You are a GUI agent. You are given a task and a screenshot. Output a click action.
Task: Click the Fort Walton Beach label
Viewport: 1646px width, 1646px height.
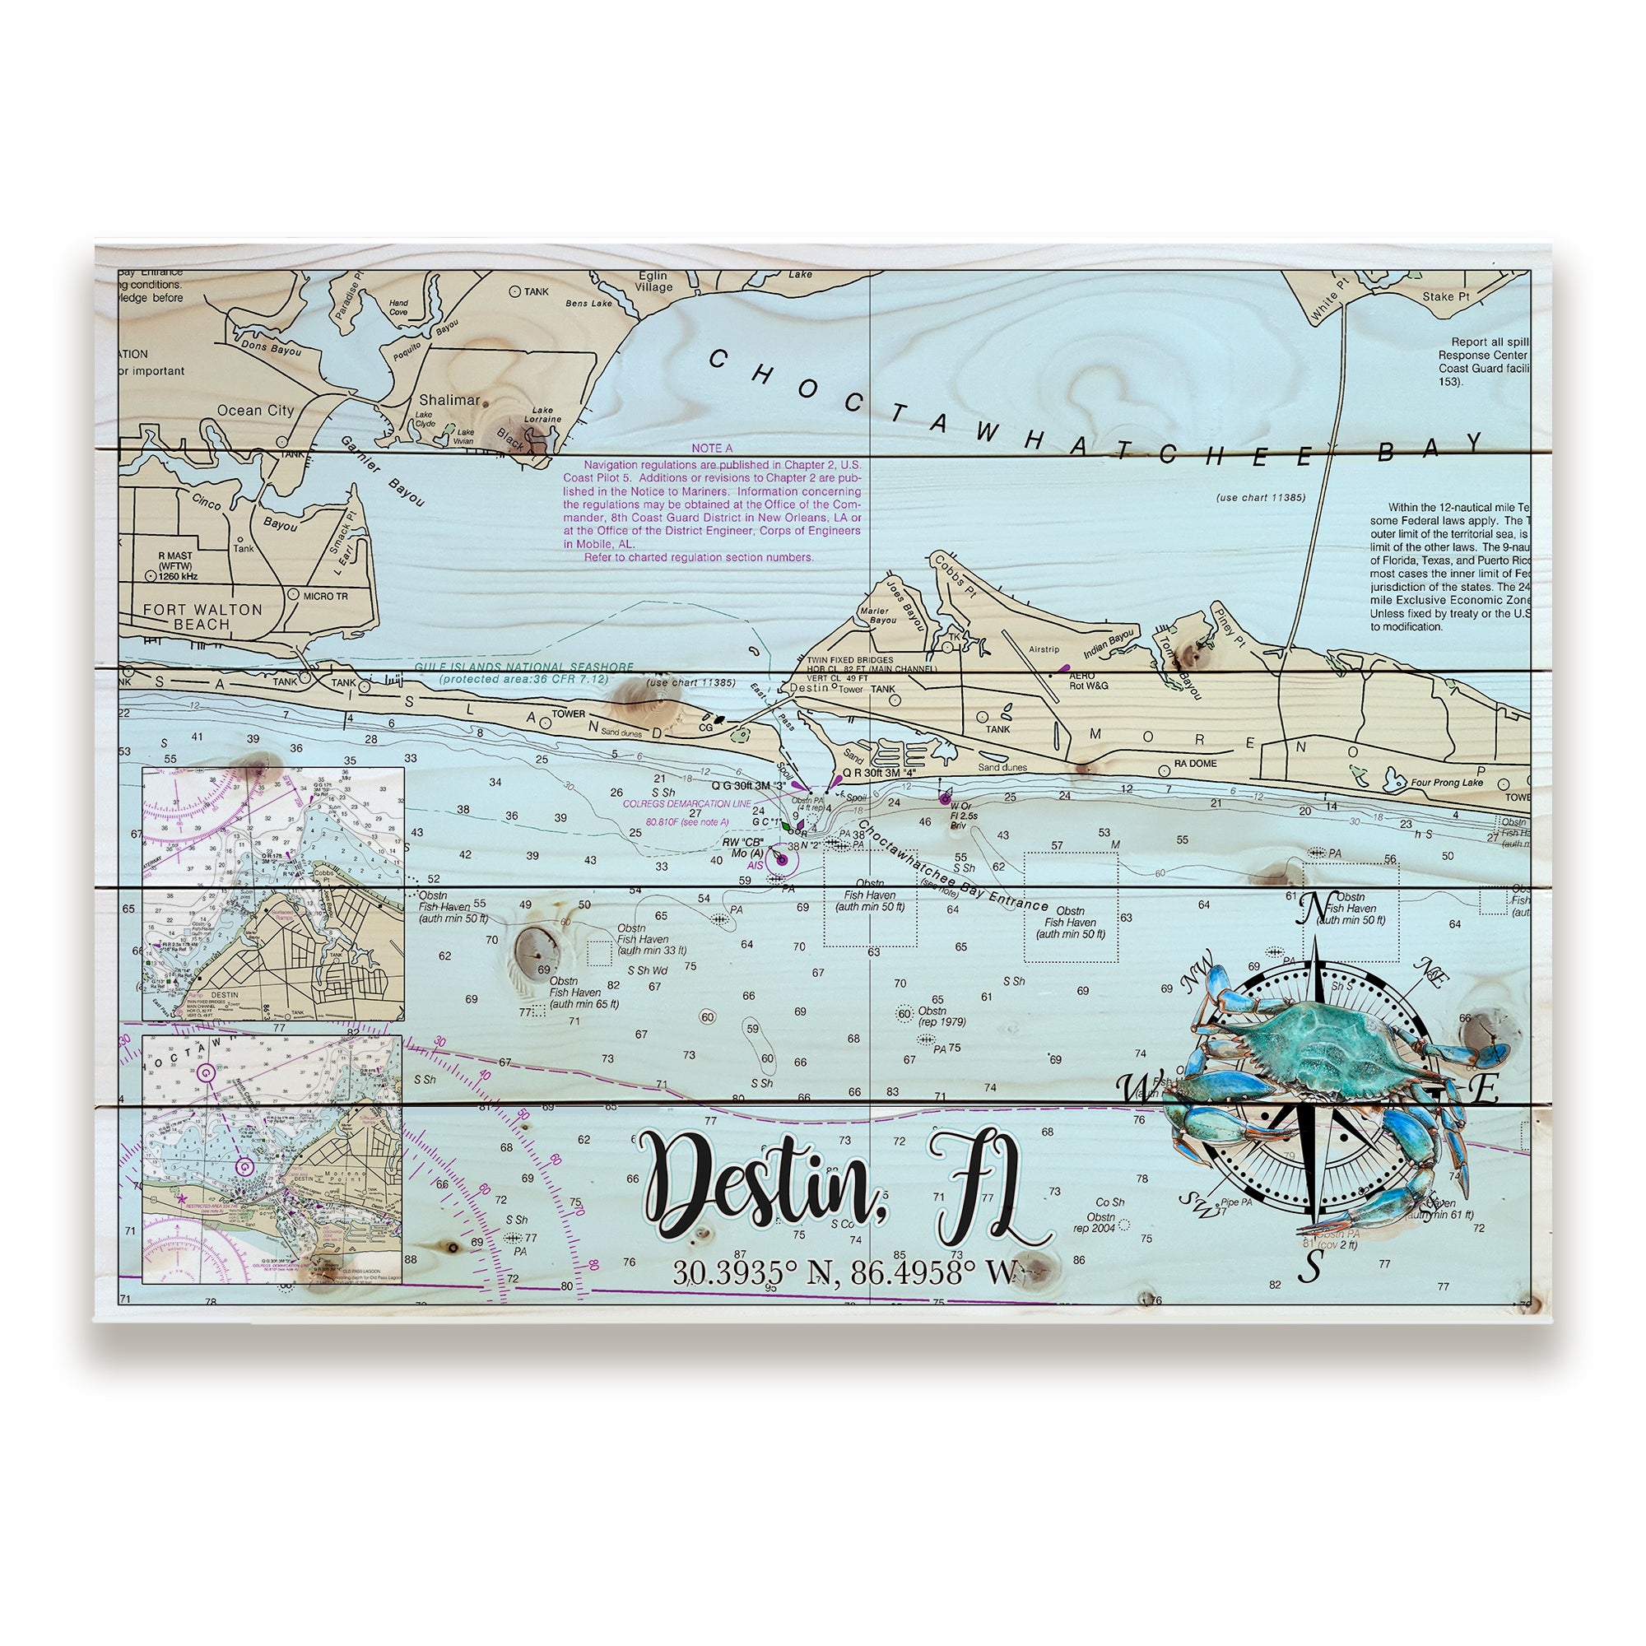pos(202,616)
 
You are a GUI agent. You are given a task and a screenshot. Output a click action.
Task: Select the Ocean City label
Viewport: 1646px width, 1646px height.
pos(255,411)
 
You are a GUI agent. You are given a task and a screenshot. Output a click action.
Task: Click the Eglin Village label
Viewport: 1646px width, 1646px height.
pos(654,282)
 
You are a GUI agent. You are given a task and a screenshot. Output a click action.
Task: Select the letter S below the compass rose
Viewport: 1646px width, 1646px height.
pos(1309,1268)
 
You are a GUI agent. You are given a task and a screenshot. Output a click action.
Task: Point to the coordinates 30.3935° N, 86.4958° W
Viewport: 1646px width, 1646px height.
pos(845,1273)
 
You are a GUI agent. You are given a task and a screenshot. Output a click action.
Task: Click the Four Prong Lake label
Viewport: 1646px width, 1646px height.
pos(1447,782)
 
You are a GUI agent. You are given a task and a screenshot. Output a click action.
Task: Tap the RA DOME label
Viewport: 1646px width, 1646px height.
pos(1195,764)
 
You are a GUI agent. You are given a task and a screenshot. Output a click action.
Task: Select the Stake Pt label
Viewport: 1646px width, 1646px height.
pos(1446,297)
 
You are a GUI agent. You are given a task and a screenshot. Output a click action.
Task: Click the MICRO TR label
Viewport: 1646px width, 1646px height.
pos(325,596)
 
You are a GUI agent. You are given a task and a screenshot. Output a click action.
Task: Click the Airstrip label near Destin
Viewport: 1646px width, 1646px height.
pos(1044,649)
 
